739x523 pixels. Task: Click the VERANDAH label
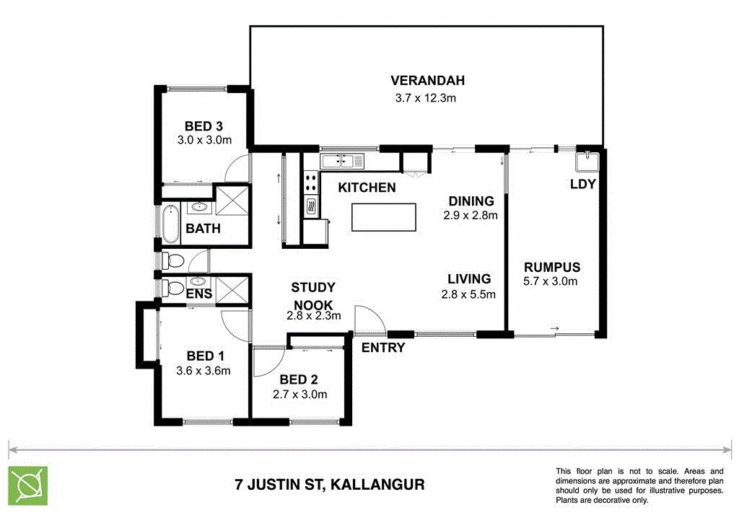427,80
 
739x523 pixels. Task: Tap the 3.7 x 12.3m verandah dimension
426,97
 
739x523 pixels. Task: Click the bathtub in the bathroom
171,224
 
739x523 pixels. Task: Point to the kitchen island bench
384,217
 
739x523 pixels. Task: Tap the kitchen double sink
344,160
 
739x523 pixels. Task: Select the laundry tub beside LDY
585,160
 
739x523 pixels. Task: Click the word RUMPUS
551,266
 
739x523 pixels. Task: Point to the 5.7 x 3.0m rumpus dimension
551,281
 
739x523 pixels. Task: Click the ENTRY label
383,348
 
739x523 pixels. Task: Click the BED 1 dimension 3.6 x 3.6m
203,372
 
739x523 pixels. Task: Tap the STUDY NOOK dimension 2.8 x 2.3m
313,315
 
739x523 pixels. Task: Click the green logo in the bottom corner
28,484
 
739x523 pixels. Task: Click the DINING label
471,201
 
